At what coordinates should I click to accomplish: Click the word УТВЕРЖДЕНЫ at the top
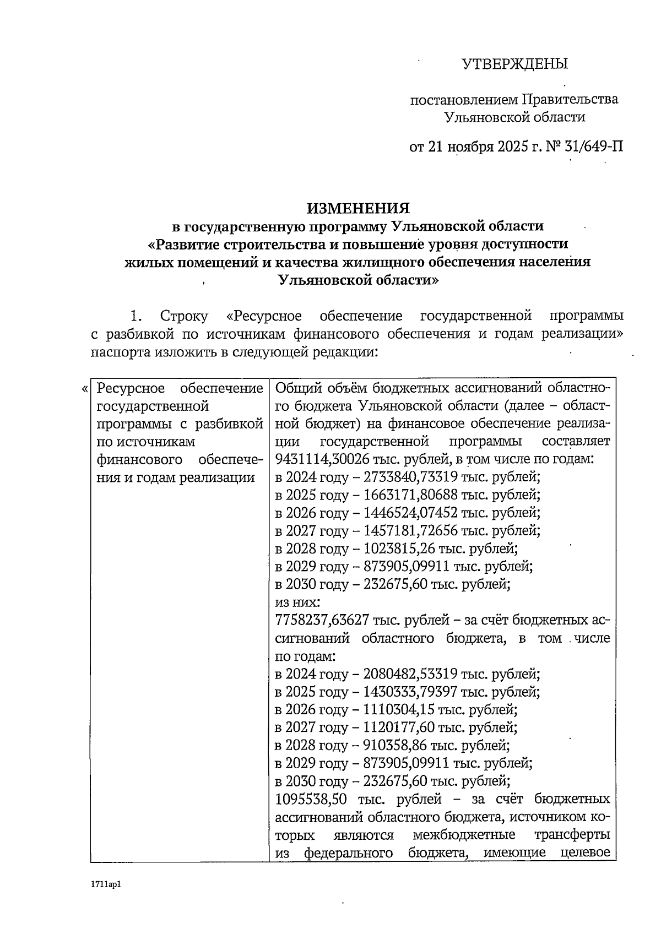pyautogui.click(x=514, y=64)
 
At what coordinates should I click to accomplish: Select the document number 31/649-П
pyautogui.click(x=594, y=148)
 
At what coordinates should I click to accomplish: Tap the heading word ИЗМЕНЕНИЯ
pyautogui.click(x=359, y=208)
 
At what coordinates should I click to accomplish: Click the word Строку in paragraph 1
pyautogui.click(x=184, y=317)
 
